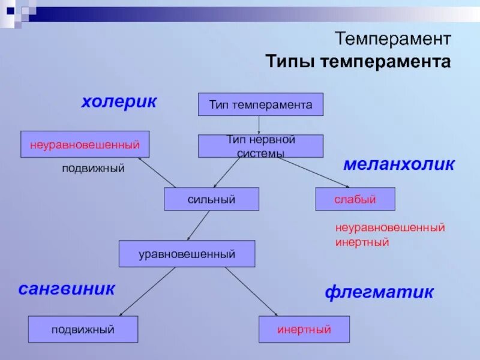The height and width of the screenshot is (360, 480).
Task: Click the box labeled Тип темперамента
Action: point(260,104)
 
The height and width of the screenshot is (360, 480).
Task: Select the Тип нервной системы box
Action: point(260,146)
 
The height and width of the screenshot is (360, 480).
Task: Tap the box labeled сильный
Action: point(211,199)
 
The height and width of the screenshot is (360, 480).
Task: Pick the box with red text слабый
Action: point(355,199)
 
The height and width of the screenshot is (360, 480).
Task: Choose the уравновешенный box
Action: point(187,254)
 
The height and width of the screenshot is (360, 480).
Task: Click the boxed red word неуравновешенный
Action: point(85,144)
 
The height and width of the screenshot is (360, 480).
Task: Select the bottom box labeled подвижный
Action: point(83,329)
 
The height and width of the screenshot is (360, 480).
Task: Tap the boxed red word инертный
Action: point(304,329)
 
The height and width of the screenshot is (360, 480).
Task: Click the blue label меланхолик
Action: point(399,164)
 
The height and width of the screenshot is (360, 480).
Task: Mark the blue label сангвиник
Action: point(66,289)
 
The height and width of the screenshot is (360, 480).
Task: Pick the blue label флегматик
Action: point(379,292)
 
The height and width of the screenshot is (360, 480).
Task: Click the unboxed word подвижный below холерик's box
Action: point(93,169)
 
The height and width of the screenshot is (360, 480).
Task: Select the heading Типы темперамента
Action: point(358,62)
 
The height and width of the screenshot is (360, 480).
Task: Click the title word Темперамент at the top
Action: point(393,40)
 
